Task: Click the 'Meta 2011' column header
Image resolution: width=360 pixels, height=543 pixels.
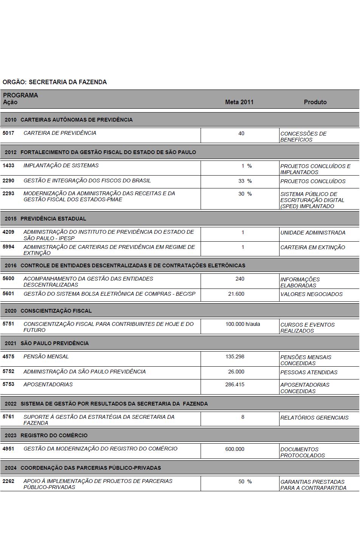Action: tap(239, 102)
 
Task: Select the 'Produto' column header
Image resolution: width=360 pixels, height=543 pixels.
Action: tap(315, 102)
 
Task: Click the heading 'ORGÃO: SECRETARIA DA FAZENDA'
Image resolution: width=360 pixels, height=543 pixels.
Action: tap(55, 82)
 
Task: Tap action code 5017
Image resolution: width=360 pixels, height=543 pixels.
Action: tap(8, 133)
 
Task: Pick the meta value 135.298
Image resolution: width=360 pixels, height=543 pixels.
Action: tap(235, 356)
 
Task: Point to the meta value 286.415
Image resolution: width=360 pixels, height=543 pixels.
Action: tap(235, 384)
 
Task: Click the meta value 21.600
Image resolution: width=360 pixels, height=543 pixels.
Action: tap(236, 294)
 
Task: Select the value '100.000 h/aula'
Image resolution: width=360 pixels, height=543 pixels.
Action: tap(243, 324)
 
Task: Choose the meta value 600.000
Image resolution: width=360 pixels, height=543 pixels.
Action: tap(235, 449)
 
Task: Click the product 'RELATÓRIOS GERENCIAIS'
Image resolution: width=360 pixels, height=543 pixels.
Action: tap(314, 418)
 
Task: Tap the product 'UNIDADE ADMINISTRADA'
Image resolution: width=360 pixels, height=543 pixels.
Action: tap(313, 233)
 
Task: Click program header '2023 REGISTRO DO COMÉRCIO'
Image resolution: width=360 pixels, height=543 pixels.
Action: tap(46, 435)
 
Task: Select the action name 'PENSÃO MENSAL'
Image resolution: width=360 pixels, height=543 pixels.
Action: tap(46, 356)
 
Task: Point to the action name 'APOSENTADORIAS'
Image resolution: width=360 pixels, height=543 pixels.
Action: tap(48, 384)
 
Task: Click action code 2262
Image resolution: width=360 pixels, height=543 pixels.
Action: tap(8, 481)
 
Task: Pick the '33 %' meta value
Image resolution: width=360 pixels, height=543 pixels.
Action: tap(245, 181)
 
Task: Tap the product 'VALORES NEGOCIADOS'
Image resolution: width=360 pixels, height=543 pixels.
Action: tap(311, 294)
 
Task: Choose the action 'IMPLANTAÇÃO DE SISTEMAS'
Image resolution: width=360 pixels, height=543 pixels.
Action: tap(61, 165)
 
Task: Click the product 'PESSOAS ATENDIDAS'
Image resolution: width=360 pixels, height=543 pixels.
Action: tap(309, 372)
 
